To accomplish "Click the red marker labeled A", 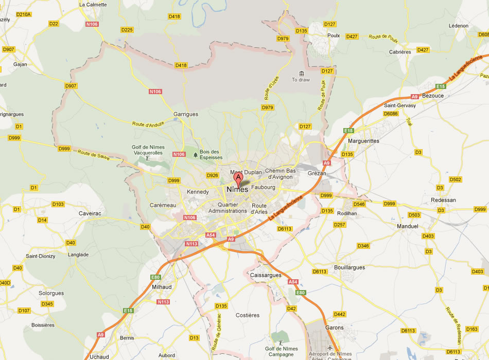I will click(x=238, y=179).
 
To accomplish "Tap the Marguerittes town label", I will click(x=363, y=141).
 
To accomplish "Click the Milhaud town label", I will click(x=162, y=287).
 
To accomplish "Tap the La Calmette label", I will click(x=93, y=5).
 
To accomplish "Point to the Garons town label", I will click(x=334, y=327).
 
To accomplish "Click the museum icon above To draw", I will click(x=301, y=73).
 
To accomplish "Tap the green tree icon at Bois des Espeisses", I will click(x=195, y=154).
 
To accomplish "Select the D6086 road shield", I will click(x=391, y=113).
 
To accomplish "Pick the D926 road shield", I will click(x=212, y=175).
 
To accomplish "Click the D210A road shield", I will click(x=24, y=14).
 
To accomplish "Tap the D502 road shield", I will click(x=455, y=179).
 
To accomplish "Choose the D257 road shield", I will click(x=339, y=225).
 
